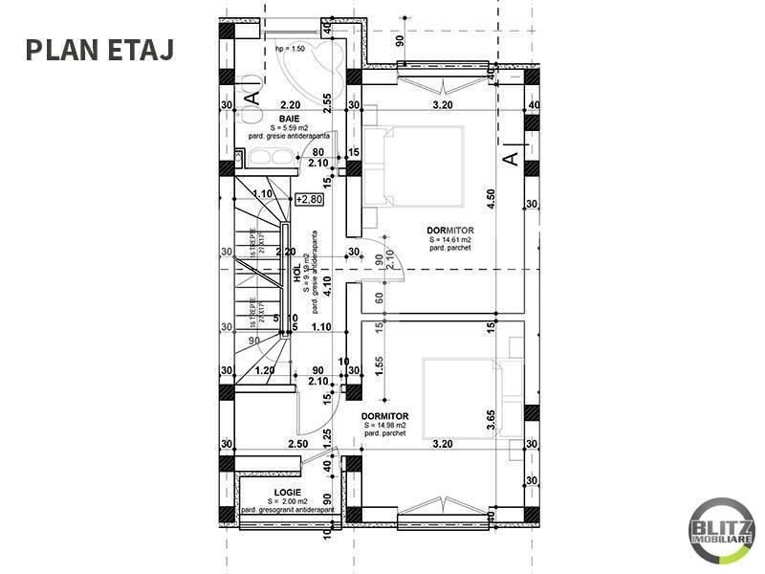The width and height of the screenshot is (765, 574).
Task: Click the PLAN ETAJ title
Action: (99, 49)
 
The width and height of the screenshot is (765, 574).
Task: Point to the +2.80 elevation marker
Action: (310, 200)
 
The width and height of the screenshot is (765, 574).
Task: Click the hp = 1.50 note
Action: (289, 48)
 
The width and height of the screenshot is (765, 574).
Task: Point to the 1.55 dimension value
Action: (380, 366)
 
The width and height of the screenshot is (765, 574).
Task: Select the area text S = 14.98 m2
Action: (385, 425)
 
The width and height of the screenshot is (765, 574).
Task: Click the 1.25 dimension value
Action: (326, 439)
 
